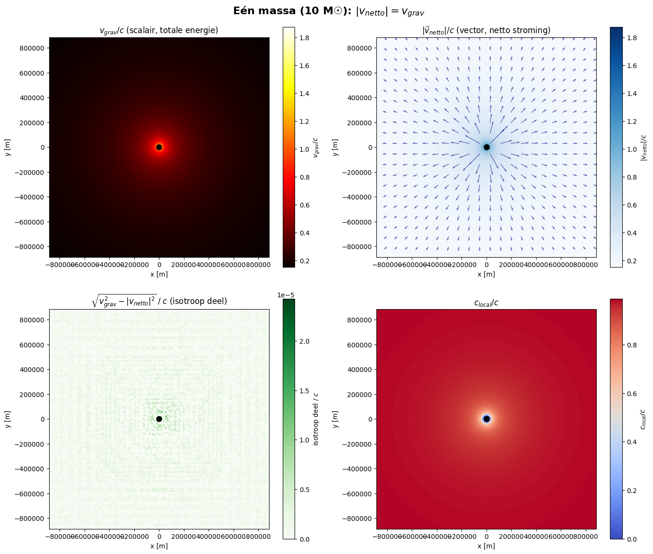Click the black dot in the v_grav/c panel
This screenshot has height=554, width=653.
click(159, 147)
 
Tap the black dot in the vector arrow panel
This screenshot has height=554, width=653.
click(487, 147)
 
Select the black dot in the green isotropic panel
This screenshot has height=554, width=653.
click(159, 419)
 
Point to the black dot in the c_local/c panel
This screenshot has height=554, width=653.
click(487, 419)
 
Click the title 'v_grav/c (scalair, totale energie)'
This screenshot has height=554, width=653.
click(159, 31)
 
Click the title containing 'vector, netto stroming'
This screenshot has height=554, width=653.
click(487, 31)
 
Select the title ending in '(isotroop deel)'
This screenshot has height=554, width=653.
click(159, 301)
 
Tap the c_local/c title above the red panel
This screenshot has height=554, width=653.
click(487, 303)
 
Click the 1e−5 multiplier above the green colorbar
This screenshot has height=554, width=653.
click(286, 295)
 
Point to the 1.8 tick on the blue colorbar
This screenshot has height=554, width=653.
click(631, 38)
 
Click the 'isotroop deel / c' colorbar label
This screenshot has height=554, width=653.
click(316, 419)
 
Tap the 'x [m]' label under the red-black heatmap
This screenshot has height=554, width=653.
click(159, 274)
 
